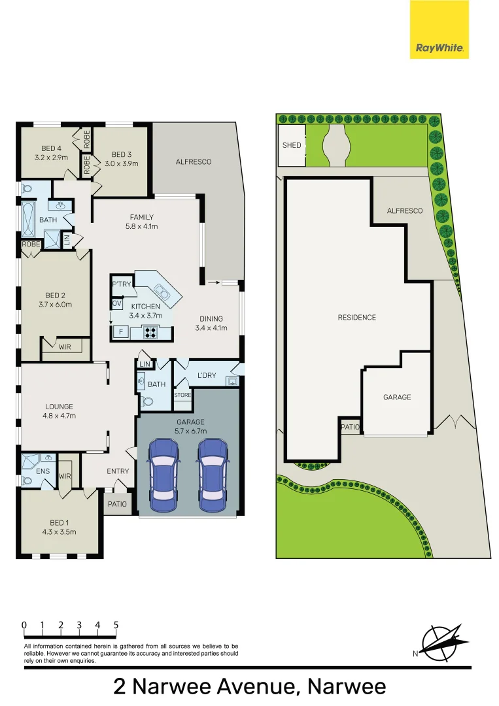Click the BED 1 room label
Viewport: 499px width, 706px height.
coord(58,523)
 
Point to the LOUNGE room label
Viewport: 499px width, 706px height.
coord(59,407)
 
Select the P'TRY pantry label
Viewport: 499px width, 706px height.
coord(122,284)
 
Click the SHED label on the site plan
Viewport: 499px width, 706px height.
coord(292,145)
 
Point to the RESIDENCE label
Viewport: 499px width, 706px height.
coord(357,318)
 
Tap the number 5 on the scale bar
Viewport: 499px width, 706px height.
coord(116,626)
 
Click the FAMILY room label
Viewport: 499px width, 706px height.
coord(141,218)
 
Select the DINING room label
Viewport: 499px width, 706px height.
coord(211,319)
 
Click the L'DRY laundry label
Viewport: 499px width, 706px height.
coord(206,375)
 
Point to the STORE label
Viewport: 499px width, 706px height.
coord(182,395)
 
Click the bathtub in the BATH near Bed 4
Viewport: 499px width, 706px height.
coord(28,220)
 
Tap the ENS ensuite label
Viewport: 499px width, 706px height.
coord(43,471)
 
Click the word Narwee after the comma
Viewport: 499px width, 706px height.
coord(347,687)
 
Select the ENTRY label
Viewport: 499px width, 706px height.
coord(118,471)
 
